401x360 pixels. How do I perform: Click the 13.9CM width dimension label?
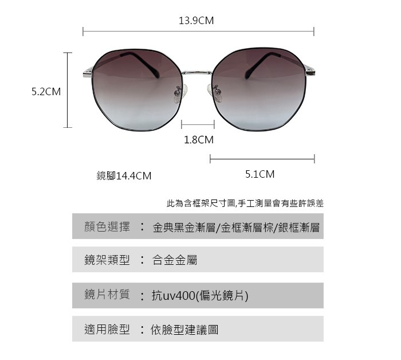(x=196, y=21)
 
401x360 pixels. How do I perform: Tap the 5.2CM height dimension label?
(x=46, y=92)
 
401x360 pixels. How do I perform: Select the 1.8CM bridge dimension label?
(x=198, y=139)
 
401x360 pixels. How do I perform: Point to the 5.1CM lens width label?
(x=260, y=174)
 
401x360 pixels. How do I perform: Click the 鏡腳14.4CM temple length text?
(x=124, y=176)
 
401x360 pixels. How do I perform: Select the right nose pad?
(x=217, y=91)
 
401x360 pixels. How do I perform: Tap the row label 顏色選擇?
(x=107, y=227)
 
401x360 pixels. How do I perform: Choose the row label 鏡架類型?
(x=107, y=260)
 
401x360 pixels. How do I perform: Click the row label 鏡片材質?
(x=107, y=295)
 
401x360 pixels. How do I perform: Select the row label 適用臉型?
(x=107, y=330)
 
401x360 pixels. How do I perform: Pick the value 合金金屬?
(x=175, y=261)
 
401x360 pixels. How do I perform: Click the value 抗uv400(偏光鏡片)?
(x=200, y=296)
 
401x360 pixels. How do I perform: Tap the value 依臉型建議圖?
(x=184, y=330)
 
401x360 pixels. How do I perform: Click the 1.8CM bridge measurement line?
(x=198, y=124)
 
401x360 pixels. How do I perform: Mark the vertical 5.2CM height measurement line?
(x=68, y=90)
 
